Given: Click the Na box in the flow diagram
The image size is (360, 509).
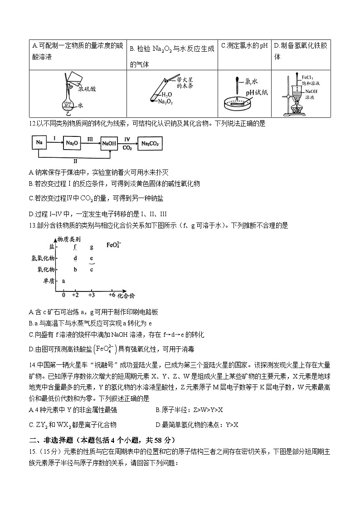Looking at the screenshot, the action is click(39, 144).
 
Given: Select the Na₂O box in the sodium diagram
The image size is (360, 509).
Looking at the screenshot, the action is click(72, 144).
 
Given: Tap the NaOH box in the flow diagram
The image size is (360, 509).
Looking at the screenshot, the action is click(109, 144).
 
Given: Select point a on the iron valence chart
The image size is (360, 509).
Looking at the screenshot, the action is click(63, 281).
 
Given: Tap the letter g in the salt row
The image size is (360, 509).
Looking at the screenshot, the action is click(92, 247).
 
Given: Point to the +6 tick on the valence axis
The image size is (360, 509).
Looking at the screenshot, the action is click(112, 295).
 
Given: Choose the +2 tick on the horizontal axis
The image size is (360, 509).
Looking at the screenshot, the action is click(75, 295).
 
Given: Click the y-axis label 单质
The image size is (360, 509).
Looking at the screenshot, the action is click(49, 281).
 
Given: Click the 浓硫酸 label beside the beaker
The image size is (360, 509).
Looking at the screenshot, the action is click(87, 89).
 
